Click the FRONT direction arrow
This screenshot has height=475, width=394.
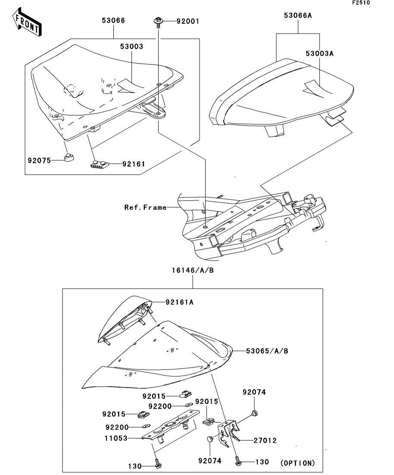click(27, 22)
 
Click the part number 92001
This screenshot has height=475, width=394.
click(188, 21)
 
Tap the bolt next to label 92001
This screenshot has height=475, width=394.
click(158, 22)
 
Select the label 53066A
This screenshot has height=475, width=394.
click(297, 16)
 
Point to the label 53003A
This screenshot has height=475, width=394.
click(319, 54)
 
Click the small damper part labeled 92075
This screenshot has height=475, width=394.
click(69, 157)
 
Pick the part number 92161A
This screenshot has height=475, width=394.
click(179, 302)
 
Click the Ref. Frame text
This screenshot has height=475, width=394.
click(145, 208)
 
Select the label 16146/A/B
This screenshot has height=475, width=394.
click(193, 270)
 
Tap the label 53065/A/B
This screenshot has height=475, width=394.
click(267, 351)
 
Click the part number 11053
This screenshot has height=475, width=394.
click(116, 438)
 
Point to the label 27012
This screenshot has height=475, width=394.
click(265, 441)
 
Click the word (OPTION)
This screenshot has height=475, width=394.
click(297, 463)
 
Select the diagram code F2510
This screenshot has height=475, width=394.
click(361, 3)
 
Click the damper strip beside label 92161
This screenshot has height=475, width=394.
click(100, 164)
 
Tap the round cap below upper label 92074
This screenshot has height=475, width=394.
click(254, 412)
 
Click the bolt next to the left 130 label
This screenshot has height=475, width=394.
click(157, 463)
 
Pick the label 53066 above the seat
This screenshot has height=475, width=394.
click(113, 21)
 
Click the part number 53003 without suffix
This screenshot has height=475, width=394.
click(131, 47)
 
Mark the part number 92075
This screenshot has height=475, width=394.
click(39, 161)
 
